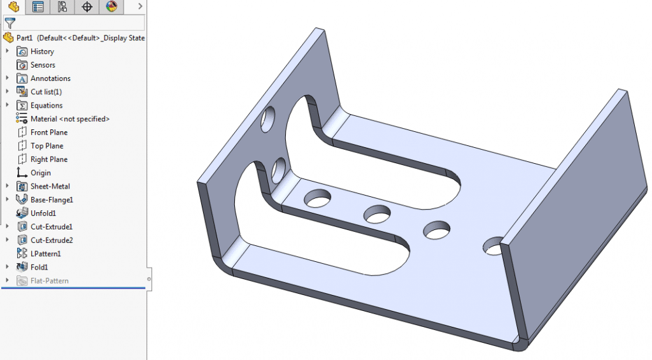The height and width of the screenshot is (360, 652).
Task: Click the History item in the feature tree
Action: tap(42, 52)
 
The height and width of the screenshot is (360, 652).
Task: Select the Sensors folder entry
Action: tap(43, 65)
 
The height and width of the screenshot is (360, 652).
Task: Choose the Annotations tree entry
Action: tap(50, 78)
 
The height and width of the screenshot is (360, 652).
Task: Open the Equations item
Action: tap(46, 106)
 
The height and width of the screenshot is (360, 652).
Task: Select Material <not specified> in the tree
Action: tap(69, 119)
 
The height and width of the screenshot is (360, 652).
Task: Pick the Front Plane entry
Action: tap(48, 133)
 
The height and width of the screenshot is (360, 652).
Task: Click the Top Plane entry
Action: tap(46, 146)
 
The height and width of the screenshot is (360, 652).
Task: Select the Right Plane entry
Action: tap(48, 159)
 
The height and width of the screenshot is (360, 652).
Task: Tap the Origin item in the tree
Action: tap(40, 173)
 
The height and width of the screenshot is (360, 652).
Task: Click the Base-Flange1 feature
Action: tap(52, 199)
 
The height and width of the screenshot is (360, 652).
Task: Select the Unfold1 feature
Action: tap(43, 213)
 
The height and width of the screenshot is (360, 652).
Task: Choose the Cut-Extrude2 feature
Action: tap(52, 240)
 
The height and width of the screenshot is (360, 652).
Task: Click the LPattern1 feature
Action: tap(46, 254)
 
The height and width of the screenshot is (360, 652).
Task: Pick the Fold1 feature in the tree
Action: tap(39, 267)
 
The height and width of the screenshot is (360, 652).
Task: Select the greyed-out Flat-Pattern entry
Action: tap(49, 281)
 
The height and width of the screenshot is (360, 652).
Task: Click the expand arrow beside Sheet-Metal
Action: tap(8, 186)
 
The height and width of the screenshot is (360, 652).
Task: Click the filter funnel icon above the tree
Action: tap(10, 24)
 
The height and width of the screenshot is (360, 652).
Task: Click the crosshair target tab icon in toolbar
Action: tap(87, 7)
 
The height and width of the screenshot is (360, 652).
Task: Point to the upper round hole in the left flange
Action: tap(269, 120)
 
